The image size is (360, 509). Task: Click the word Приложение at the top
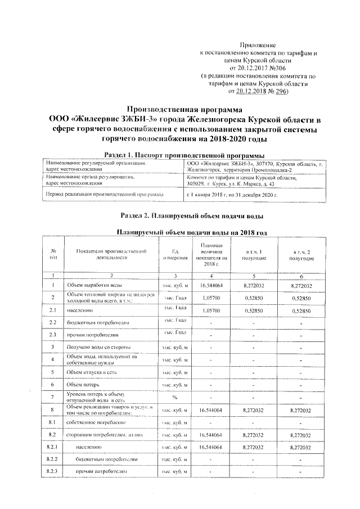[x=258, y=44]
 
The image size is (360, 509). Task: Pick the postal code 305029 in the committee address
[x=197, y=183]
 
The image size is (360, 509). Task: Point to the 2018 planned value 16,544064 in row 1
[x=211, y=286]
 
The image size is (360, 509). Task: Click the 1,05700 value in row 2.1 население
[x=211, y=310]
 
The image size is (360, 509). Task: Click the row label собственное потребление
[x=95, y=422]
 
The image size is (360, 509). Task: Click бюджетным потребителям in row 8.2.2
[x=103, y=459]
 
